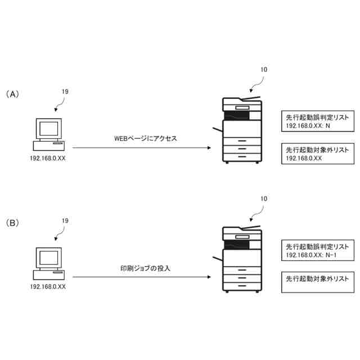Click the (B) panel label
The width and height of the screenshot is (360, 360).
pyautogui.click(x=12, y=223)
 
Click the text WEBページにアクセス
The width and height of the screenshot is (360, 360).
pyautogui.click(x=146, y=138)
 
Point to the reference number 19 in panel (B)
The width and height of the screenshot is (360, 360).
pyautogui.click(x=65, y=221)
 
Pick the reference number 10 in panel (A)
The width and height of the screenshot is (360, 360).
pyautogui.click(x=264, y=70)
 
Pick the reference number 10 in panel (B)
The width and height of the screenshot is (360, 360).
pyautogui.click(x=264, y=199)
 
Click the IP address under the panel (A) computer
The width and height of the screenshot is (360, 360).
pyautogui.click(x=48, y=158)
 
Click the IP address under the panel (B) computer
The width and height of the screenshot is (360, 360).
pyautogui.click(x=48, y=286)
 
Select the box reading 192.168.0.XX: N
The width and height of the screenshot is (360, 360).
pyautogui.click(x=318, y=122)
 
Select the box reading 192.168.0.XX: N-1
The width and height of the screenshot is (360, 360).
pyautogui.click(x=318, y=251)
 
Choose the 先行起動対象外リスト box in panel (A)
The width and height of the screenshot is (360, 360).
pyautogui.click(x=318, y=154)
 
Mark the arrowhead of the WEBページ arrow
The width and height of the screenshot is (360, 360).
pyautogui.click(x=210, y=148)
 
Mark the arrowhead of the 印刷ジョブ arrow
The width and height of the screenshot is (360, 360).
pyautogui.click(x=210, y=277)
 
